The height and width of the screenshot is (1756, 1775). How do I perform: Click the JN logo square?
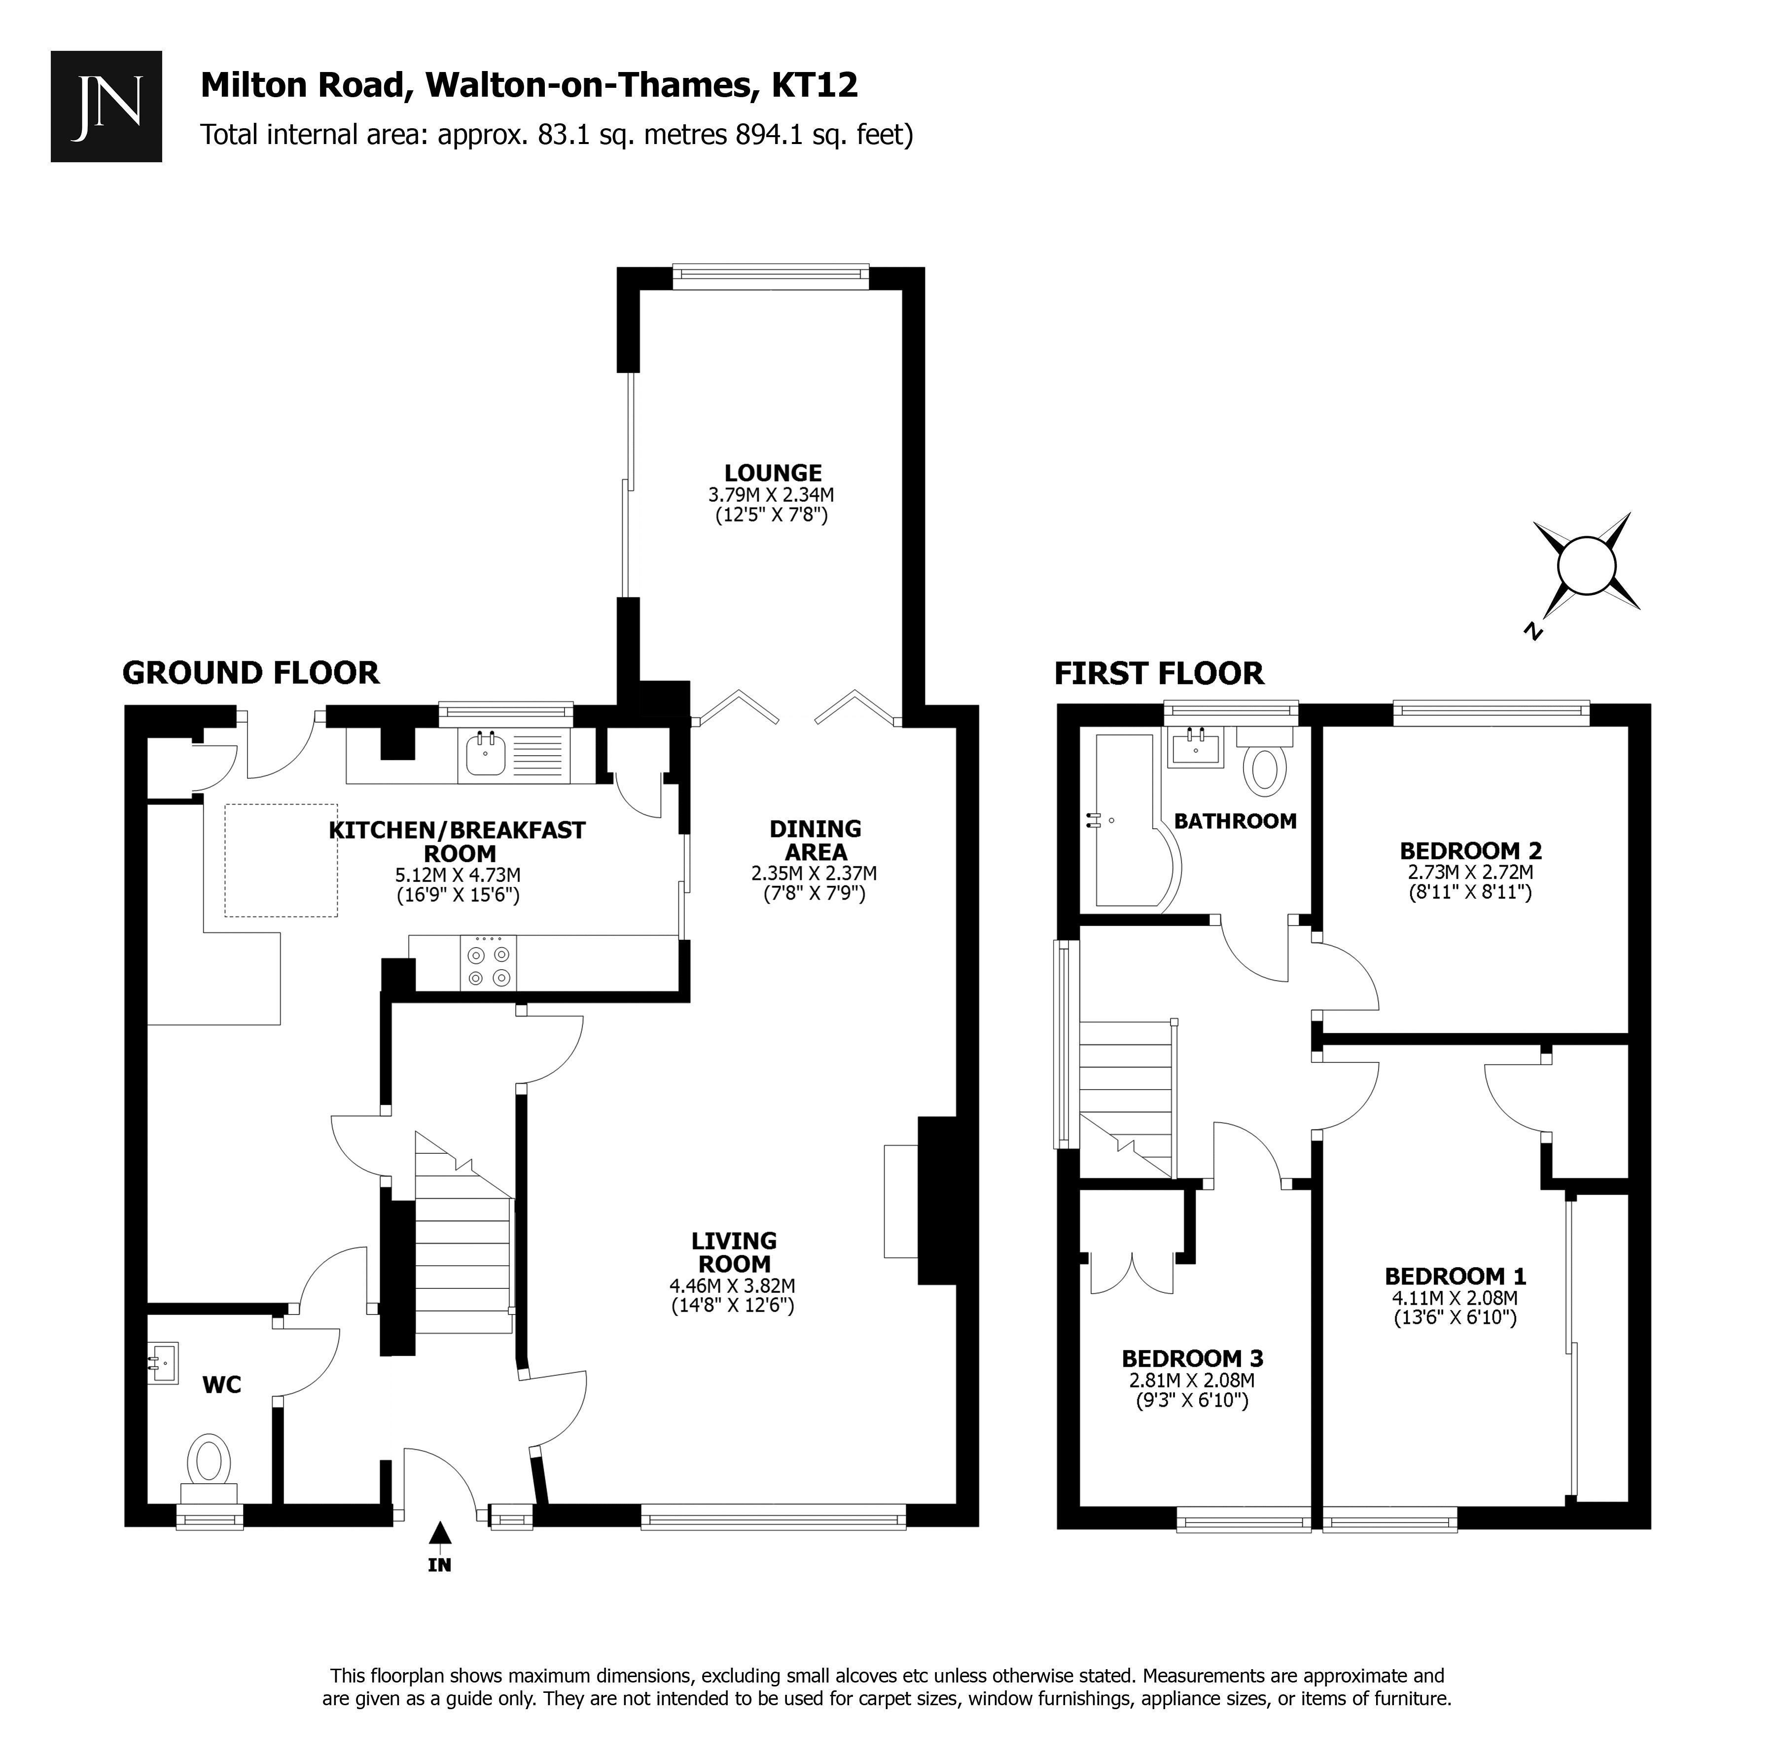[x=106, y=107]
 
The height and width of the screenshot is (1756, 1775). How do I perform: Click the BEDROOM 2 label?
[x=1470, y=850]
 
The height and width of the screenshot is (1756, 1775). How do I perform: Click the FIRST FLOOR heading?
[x=1159, y=674]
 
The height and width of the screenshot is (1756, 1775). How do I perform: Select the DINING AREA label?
[x=815, y=840]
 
